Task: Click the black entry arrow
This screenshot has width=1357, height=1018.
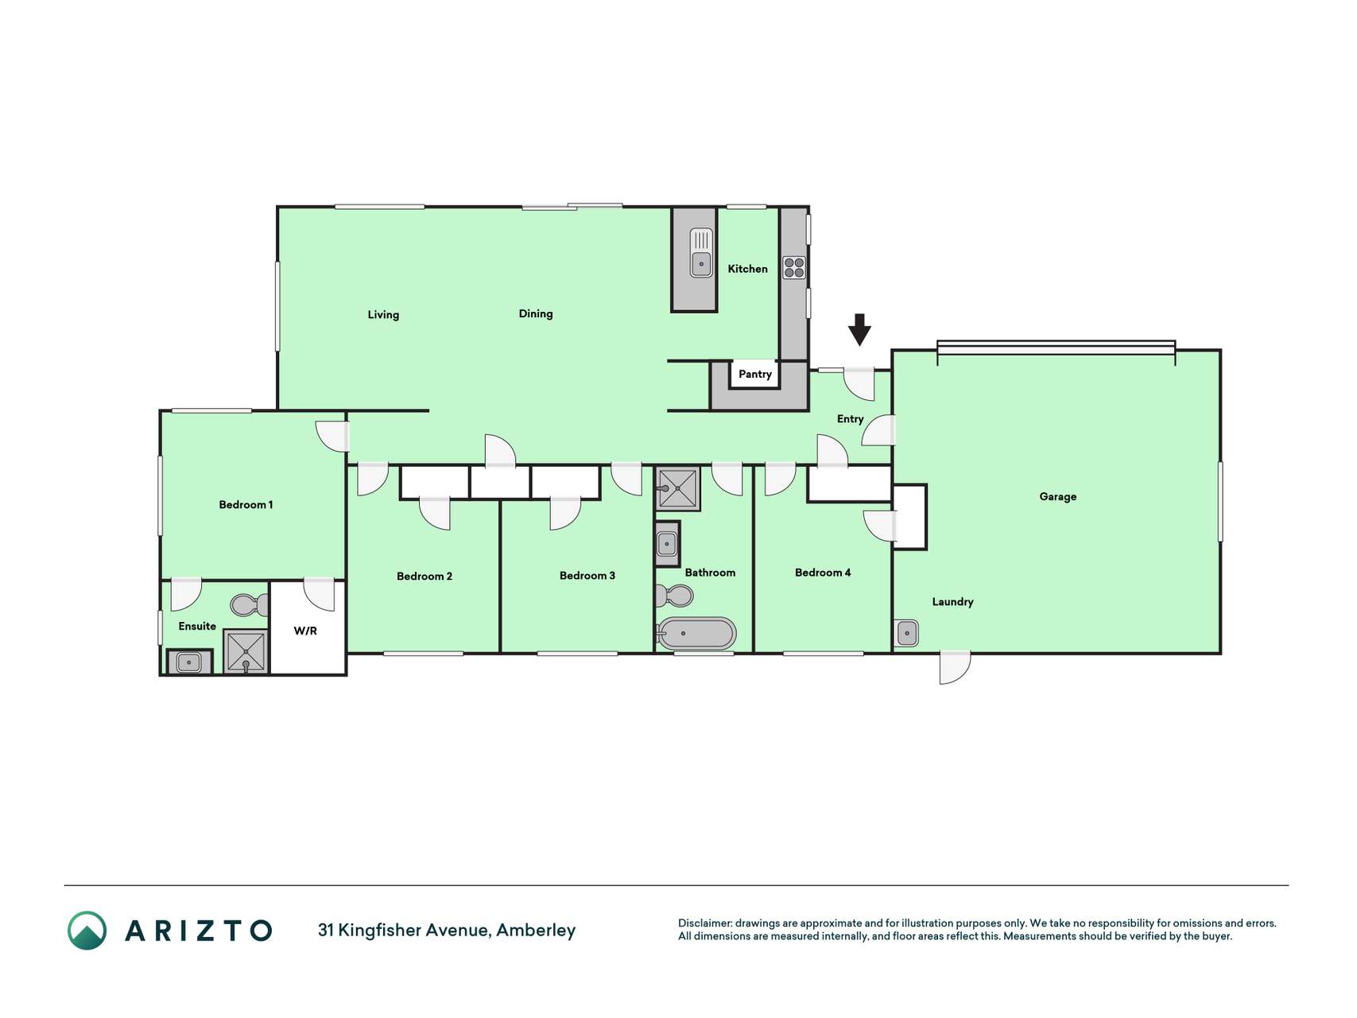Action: tap(859, 329)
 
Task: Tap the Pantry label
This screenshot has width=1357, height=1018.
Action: tap(755, 374)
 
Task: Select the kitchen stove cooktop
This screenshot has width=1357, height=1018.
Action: tap(793, 267)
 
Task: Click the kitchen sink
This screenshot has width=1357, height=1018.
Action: tap(701, 253)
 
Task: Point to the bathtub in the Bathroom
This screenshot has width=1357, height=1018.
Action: tap(696, 634)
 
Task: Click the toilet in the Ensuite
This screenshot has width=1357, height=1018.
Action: tap(250, 605)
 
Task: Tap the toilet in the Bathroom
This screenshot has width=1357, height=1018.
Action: tap(674, 595)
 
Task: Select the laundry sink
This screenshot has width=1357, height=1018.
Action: tap(907, 633)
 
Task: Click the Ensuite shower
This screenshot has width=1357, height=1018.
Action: tap(246, 651)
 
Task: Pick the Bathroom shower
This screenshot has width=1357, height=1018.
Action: tap(678, 488)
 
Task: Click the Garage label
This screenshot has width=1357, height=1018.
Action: tap(1058, 497)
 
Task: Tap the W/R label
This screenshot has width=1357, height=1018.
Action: tap(305, 631)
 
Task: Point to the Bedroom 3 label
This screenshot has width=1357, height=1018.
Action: tap(587, 576)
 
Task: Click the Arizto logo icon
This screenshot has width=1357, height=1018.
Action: tap(87, 931)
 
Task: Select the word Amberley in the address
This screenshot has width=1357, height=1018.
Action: tap(536, 931)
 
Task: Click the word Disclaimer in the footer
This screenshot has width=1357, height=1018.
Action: tap(705, 923)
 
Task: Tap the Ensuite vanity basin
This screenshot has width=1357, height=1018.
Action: tap(189, 662)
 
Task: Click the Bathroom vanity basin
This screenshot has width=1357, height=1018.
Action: tap(667, 544)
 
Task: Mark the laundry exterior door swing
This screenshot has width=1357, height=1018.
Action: tap(955, 667)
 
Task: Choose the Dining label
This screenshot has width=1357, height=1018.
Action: tap(536, 314)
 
